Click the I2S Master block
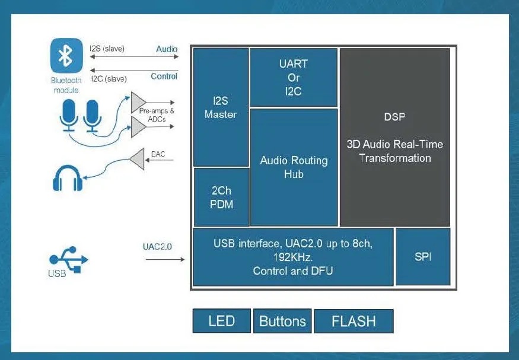coord(221,107)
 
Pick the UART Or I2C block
coord(294,78)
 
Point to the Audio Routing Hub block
coord(294,167)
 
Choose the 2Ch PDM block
coord(221,197)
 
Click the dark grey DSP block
coord(394,137)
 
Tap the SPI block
coord(422,257)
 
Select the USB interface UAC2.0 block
coord(294,257)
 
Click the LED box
coord(221,321)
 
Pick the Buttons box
coord(282,321)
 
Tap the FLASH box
coord(354,321)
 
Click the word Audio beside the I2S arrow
coord(167,49)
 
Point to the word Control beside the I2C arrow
coord(164,76)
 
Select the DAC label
coord(158,154)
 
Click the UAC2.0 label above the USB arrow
coord(157,246)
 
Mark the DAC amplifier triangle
coord(137,158)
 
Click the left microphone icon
coord(69,114)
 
